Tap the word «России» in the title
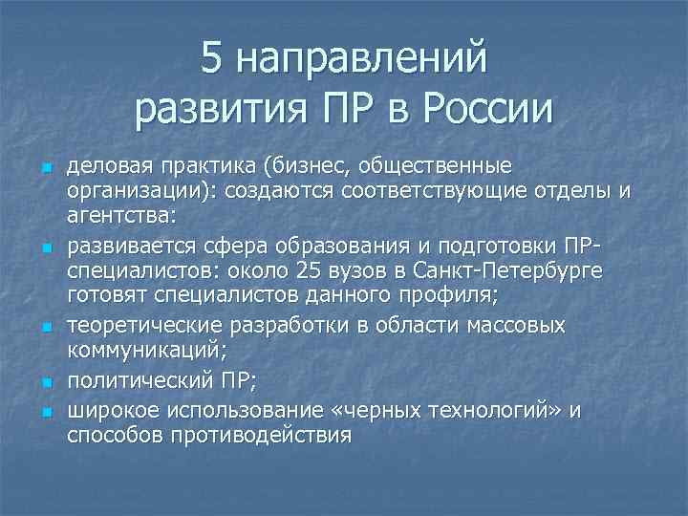click(x=487, y=108)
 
